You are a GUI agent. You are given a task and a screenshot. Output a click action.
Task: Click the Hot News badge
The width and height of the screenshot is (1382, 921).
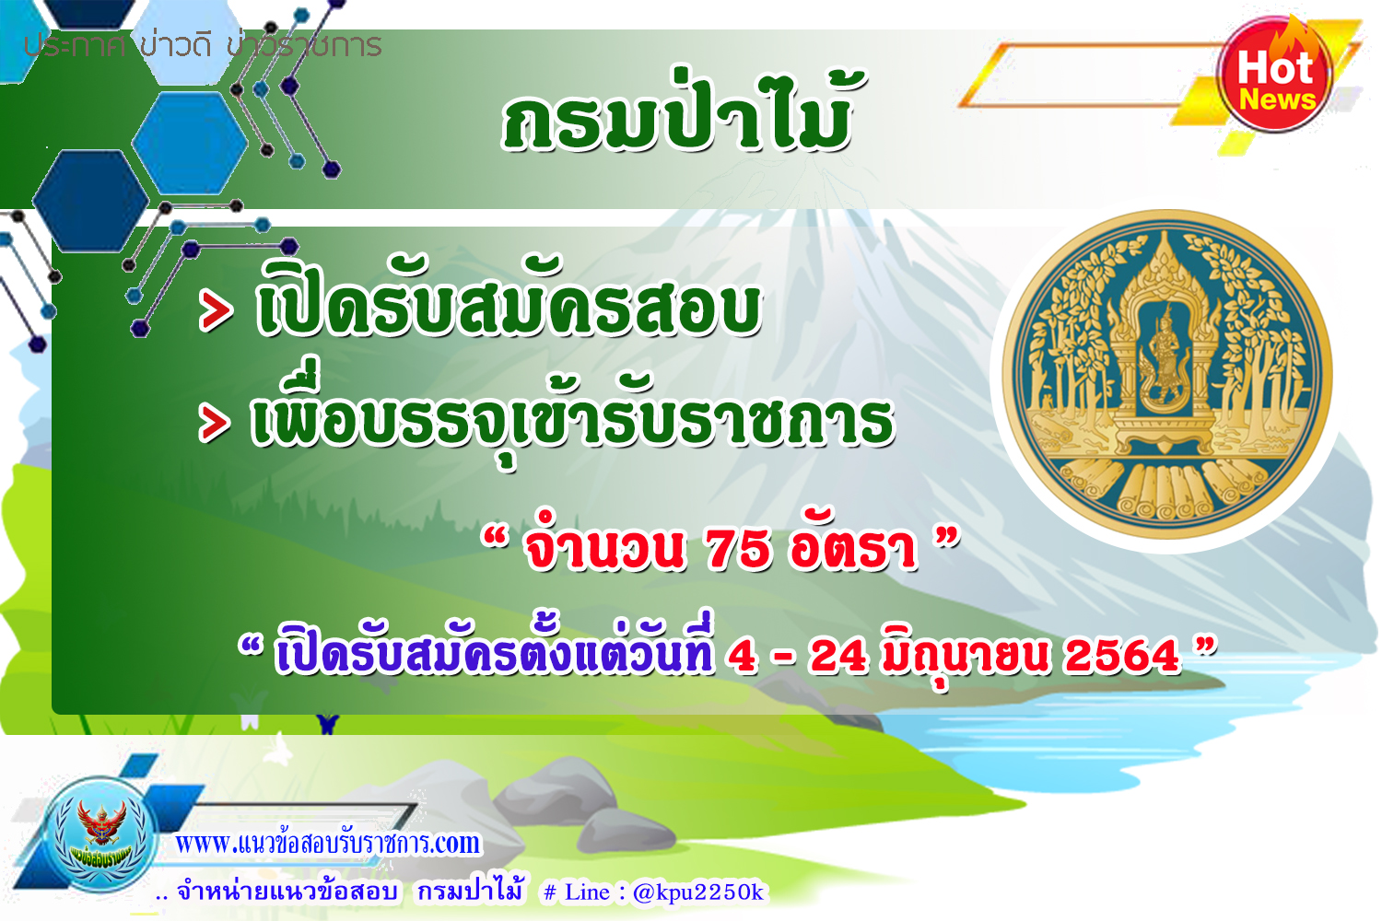1274,74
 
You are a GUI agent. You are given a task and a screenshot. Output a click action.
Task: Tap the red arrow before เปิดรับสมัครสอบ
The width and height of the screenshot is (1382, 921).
216,309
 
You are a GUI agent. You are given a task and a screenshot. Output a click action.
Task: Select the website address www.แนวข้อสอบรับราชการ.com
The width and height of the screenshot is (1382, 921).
328,843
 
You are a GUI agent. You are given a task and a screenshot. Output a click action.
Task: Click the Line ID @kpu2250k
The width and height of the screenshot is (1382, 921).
698,892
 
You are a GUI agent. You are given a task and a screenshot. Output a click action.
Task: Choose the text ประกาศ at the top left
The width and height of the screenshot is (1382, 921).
74,46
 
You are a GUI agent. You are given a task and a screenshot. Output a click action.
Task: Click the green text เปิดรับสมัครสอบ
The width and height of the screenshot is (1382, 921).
509,301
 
